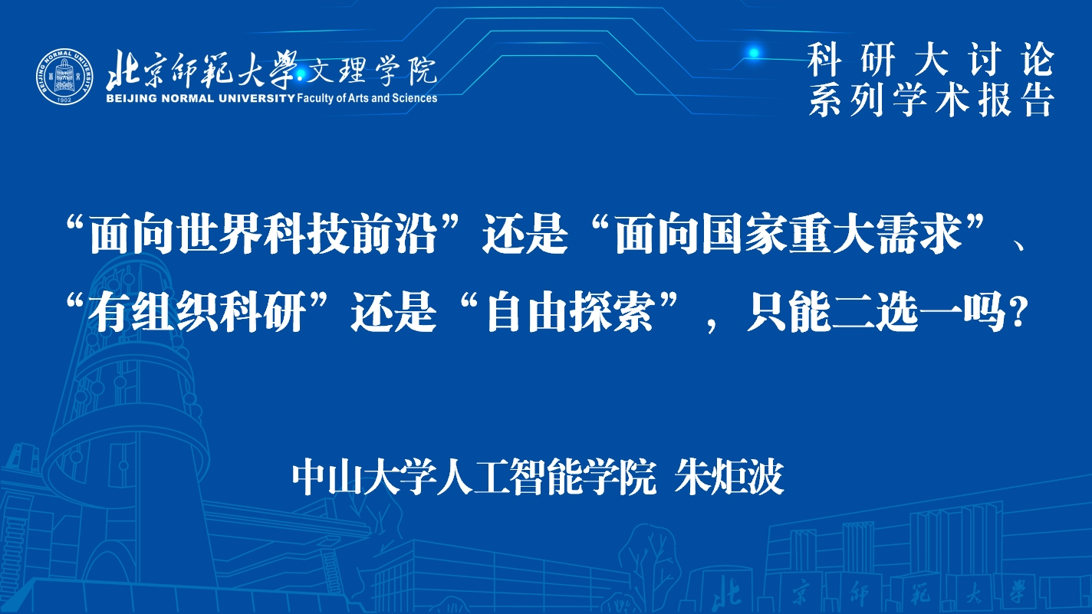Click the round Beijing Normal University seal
coord(64,77)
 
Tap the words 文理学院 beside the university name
coord(371,71)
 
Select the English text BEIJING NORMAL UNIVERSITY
coord(200,98)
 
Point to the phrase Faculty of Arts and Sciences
coord(367,98)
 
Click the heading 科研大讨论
coord(931,60)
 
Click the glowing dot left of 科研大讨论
coord(754,53)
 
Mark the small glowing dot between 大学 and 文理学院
coord(301,74)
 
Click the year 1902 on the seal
coord(64,100)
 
